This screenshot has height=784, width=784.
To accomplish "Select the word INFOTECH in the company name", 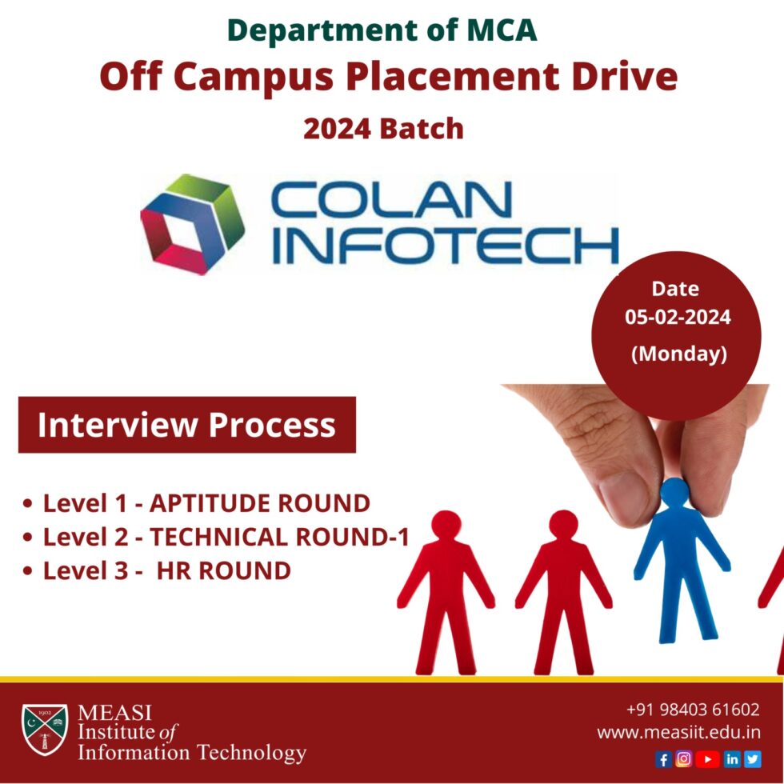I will (445, 245).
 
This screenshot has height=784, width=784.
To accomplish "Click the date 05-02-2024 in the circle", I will (678, 318).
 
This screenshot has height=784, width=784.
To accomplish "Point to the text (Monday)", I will (678, 353).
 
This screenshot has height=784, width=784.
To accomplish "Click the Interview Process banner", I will (186, 425).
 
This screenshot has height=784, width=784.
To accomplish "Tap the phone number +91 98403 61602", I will (693, 710).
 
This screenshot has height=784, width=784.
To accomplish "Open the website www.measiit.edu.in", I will (678, 732).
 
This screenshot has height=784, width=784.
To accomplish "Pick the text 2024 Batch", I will (383, 128).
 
